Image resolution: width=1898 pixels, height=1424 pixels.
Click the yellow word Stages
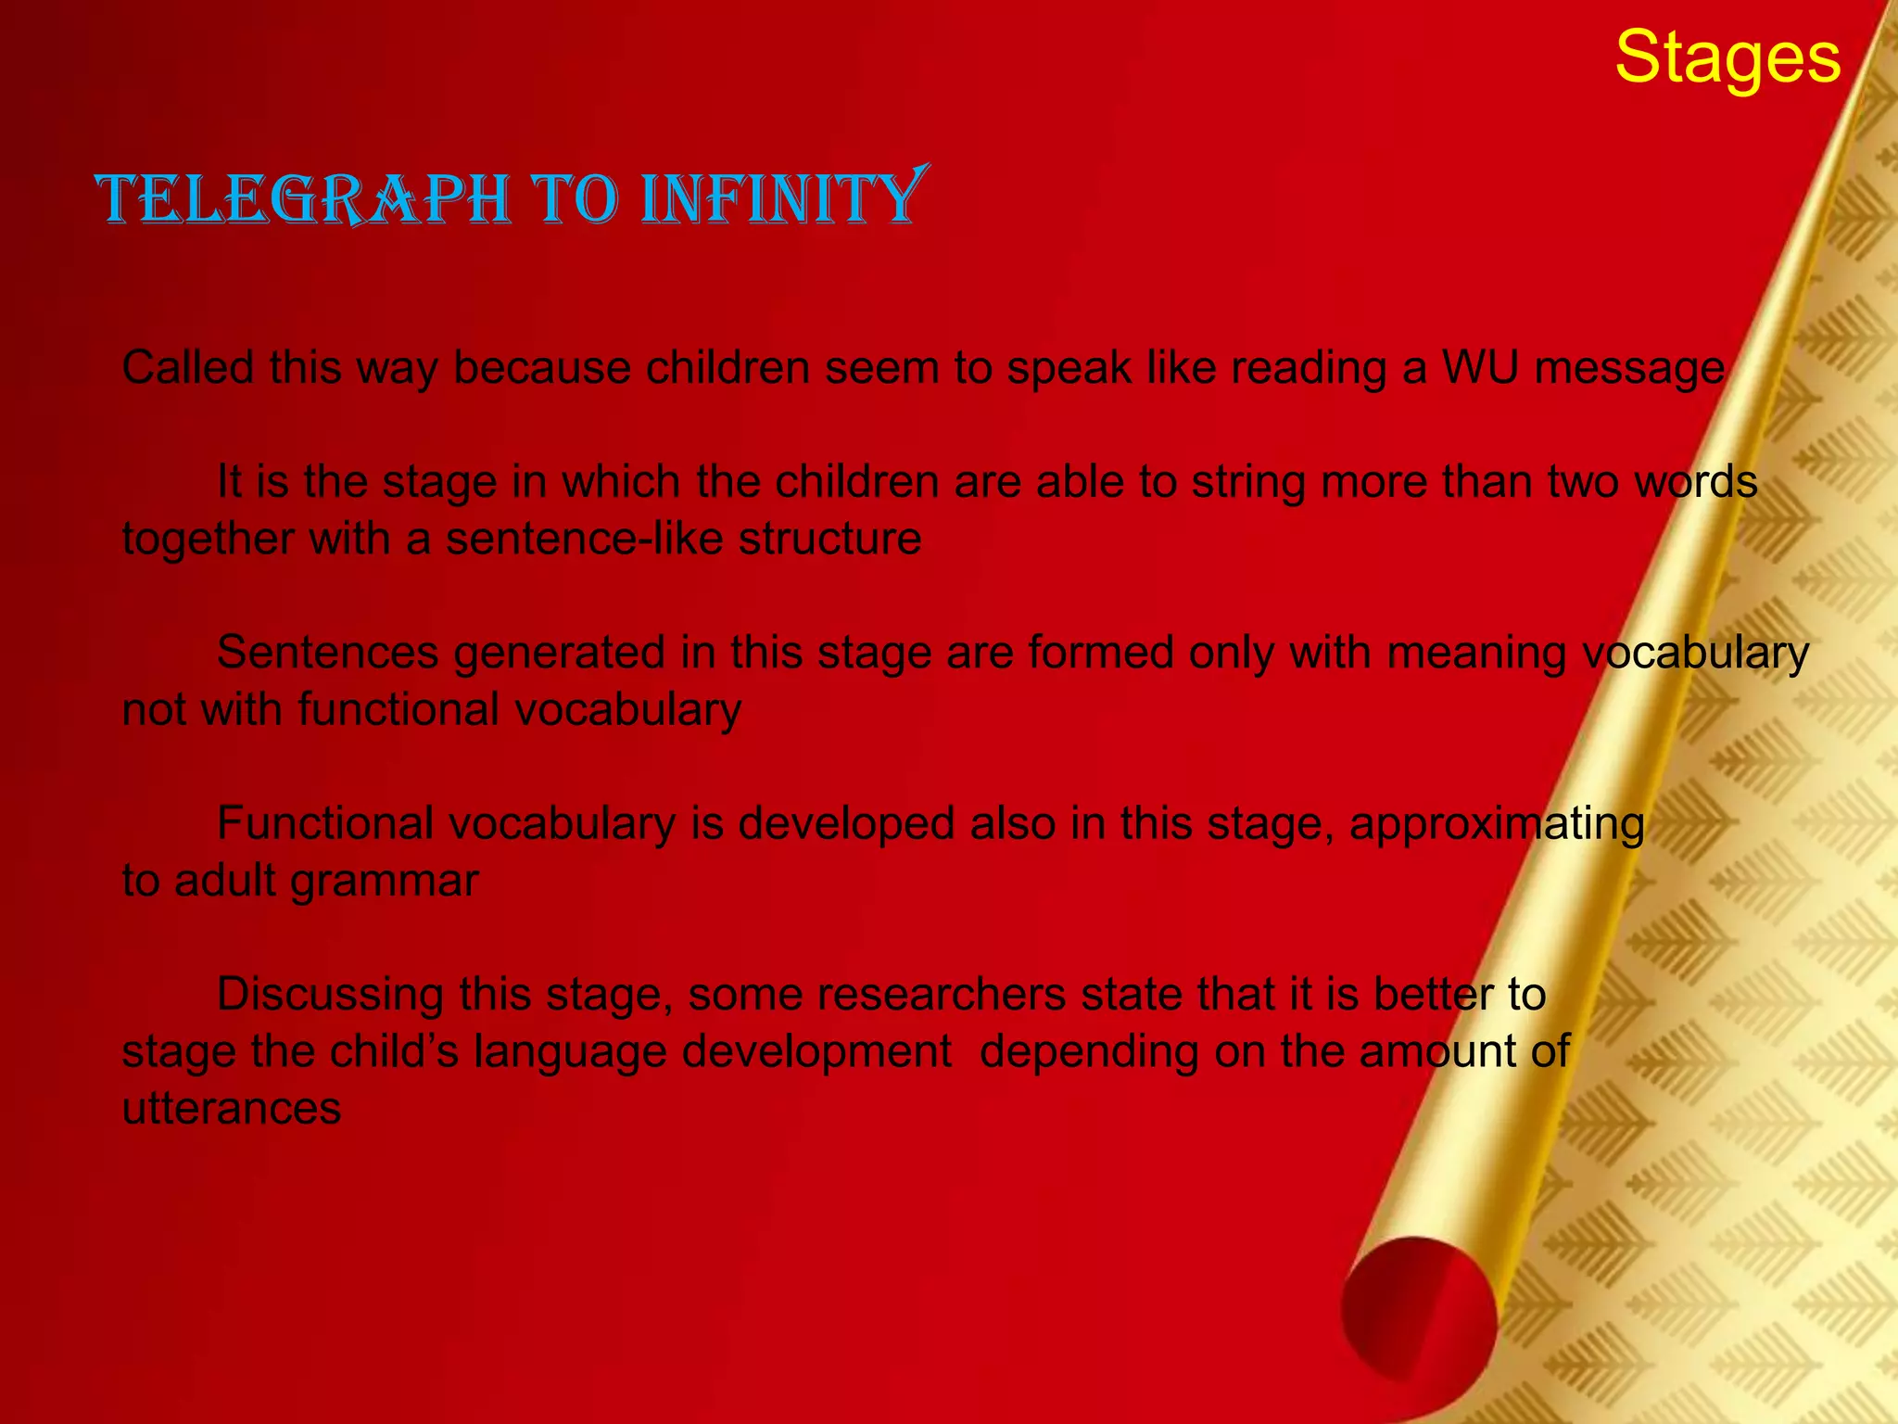(1727, 57)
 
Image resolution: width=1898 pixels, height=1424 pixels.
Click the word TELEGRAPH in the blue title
(306, 198)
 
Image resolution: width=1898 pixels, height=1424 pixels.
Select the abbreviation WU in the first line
(1480, 368)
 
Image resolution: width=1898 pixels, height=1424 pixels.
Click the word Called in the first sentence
(187, 368)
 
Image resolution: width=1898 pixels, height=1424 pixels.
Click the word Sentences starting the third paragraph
(327, 653)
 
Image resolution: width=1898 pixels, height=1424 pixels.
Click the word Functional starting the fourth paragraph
(324, 823)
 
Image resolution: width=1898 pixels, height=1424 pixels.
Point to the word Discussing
(330, 996)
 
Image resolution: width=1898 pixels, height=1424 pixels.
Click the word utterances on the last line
(232, 1109)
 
